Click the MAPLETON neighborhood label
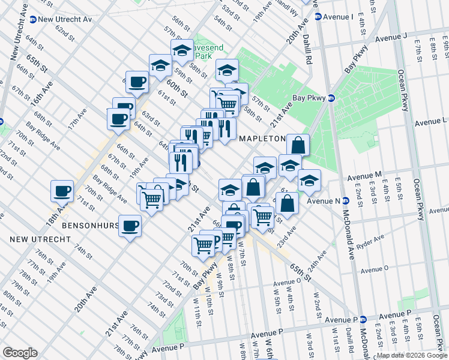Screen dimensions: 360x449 pyautogui.click(x=262, y=139)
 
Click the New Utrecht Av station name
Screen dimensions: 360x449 pyautogui.click(x=64, y=19)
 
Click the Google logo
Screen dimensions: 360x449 pyautogui.click(x=20, y=352)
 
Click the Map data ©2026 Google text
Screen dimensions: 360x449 pyautogui.click(x=411, y=355)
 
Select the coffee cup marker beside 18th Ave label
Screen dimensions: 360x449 pyautogui.click(x=62, y=191)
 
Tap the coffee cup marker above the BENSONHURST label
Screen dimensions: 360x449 pyautogui.click(x=130, y=226)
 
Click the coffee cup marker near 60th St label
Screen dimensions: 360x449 pyautogui.click(x=137, y=82)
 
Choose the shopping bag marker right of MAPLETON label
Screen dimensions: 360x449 pyautogui.click(x=298, y=145)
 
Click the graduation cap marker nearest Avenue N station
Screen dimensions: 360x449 pyautogui.click(x=309, y=180)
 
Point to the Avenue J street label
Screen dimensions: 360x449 pyautogui.click(x=392, y=38)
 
